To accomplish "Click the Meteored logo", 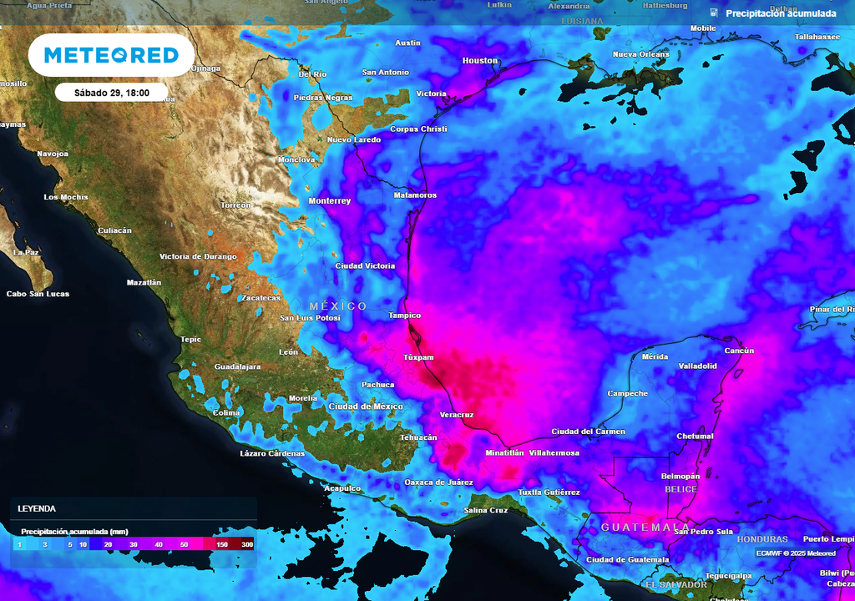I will tap(111, 55).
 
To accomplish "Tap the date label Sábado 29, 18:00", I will tap(111, 93).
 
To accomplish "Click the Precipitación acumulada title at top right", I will tap(780, 13).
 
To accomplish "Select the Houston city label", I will tap(479, 61).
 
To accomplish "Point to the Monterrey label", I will tap(330, 201).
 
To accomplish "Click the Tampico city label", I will tap(404, 316).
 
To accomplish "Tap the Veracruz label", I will tap(457, 415).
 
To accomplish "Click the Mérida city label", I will tap(655, 356).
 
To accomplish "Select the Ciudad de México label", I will tap(366, 407).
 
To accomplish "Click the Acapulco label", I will tap(342, 488).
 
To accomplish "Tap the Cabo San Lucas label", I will tap(38, 294).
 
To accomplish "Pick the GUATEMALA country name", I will tap(635, 528).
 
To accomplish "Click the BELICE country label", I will tap(680, 489).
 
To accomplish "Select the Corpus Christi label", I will tap(418, 129).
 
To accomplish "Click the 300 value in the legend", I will tap(246, 544).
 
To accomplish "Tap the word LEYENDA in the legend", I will tap(37, 508).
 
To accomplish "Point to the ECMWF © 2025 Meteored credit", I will tap(796, 553).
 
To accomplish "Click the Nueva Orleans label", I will tap(640, 54).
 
